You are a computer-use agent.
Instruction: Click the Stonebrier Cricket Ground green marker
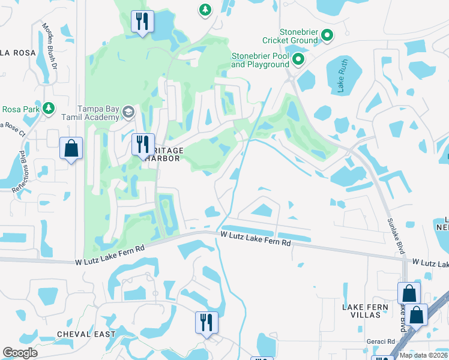pyautogui.click(x=327, y=35)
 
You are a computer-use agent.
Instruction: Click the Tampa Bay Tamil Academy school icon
pyautogui.click(x=128, y=112)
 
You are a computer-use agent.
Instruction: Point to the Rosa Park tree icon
pyautogui.click(x=52, y=109)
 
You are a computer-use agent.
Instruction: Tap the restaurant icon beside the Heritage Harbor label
pyautogui.click(x=143, y=145)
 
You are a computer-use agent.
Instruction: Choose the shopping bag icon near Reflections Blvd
pyautogui.click(x=71, y=148)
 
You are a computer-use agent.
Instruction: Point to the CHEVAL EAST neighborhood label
pyautogui.click(x=86, y=334)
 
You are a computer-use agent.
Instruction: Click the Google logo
pyautogui.click(x=20, y=353)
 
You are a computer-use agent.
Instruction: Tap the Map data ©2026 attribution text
pyautogui.click(x=423, y=355)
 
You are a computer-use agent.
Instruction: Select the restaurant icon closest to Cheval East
pyautogui.click(x=206, y=322)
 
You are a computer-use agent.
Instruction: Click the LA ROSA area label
pyautogui.click(x=14, y=52)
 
